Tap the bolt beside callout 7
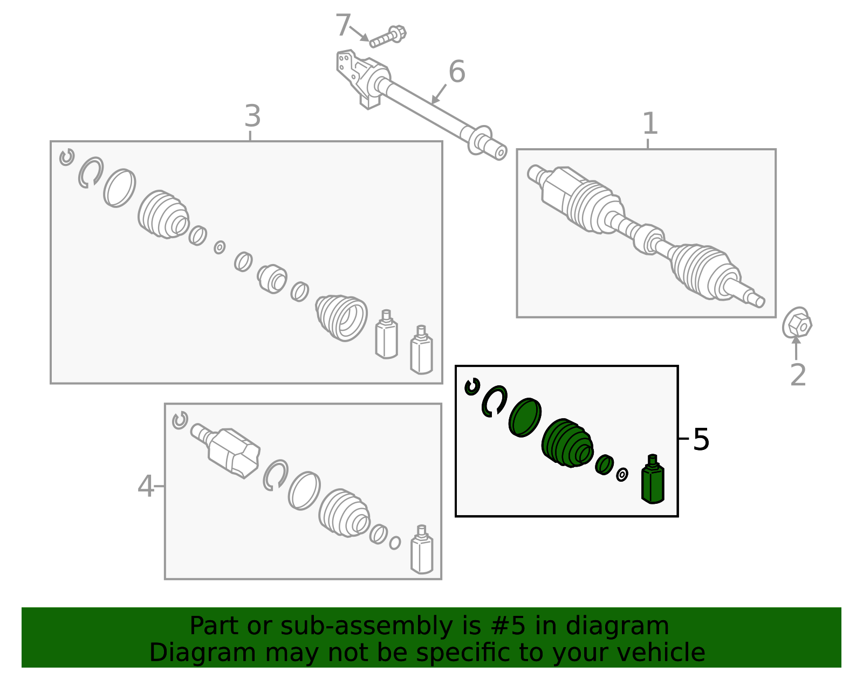coord(388,37)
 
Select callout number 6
coord(457,72)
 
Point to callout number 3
coord(252,116)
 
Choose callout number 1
coord(650,123)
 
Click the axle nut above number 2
coord(797,323)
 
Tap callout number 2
coord(798,375)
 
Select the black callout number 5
coord(701,439)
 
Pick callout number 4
coord(145,486)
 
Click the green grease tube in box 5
coord(653,480)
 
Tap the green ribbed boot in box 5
coord(567,443)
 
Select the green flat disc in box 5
coord(525,418)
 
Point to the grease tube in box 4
coord(422,550)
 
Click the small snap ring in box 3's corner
coord(66,157)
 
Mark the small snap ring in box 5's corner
coord(472,387)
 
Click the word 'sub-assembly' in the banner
coord(366,626)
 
